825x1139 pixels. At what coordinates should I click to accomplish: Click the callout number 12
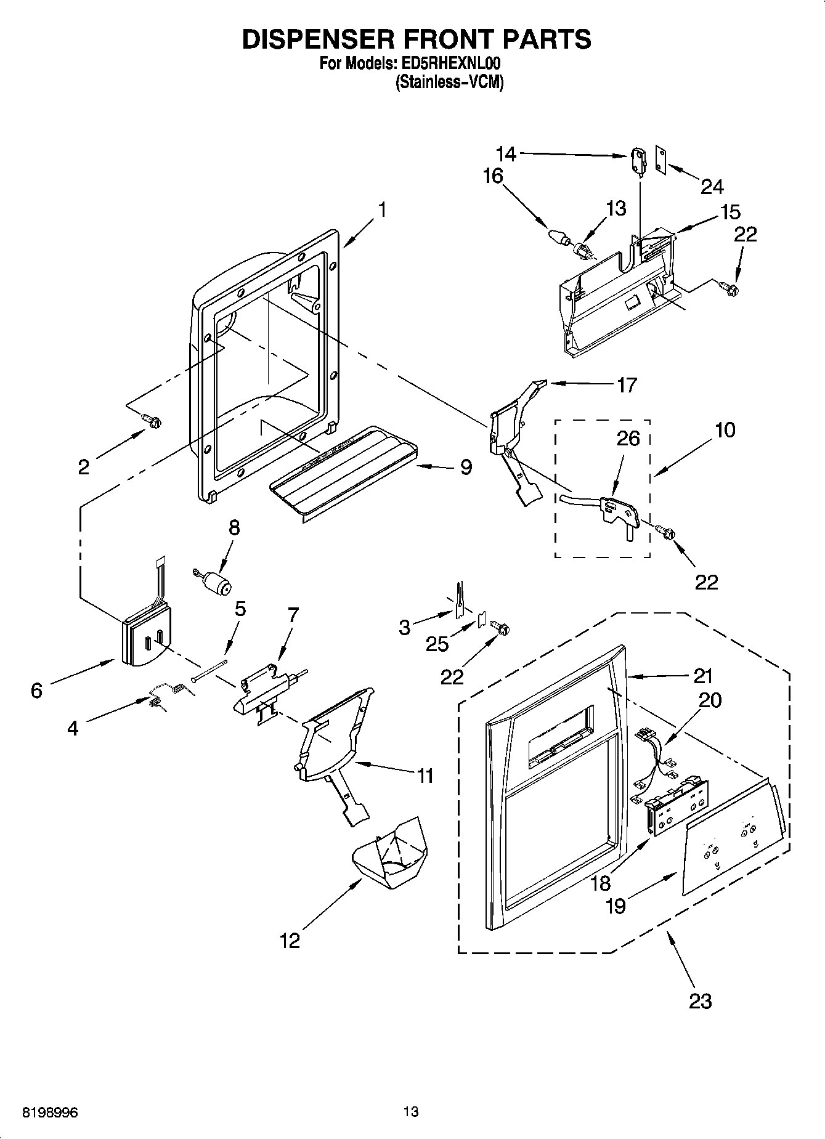coord(290,941)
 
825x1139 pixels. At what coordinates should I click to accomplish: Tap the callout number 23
coord(701,1001)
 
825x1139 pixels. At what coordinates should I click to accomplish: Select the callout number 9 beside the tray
coord(466,468)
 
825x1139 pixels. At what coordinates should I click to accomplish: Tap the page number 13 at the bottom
coord(411,1112)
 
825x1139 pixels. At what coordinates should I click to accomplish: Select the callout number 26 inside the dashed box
coord(628,439)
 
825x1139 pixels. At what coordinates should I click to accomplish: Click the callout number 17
coord(626,386)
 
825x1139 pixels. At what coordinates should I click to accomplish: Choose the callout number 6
coord(36,691)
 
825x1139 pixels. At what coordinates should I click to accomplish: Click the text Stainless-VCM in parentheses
coord(449,83)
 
